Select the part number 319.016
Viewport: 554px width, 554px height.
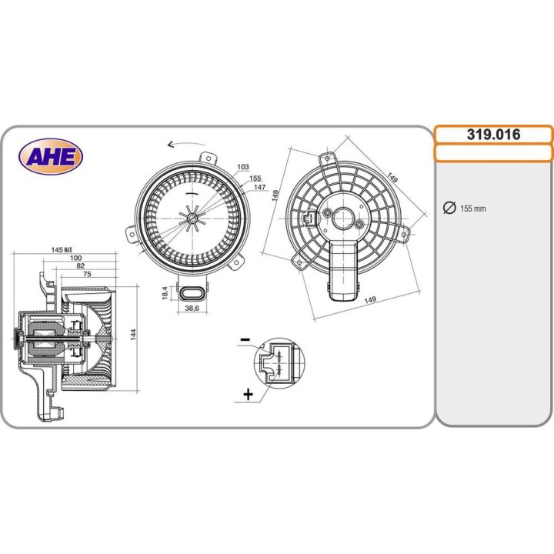tap(493, 135)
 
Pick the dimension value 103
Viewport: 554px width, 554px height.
tap(243, 167)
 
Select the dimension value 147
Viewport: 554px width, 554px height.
tap(259, 188)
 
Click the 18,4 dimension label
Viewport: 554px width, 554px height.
tap(163, 292)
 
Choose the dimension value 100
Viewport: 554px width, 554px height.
tap(76, 259)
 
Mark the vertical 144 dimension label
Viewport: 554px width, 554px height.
tap(132, 335)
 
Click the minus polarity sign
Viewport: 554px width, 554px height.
tap(245, 339)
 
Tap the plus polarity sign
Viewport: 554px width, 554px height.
tap(248, 395)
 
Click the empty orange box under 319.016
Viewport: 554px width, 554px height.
tap(493, 152)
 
